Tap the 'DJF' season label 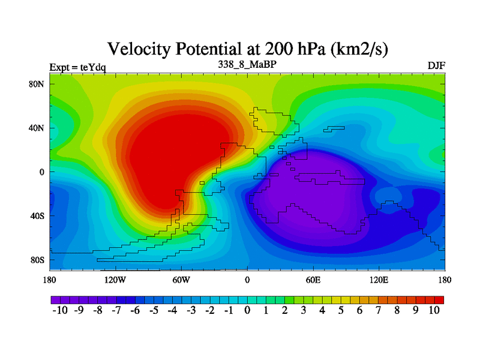point(436,65)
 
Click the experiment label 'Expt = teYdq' point(77,67)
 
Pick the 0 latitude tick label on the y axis point(42,172)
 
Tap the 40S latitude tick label point(37,215)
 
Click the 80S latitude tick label point(37,260)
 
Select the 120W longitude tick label point(115,280)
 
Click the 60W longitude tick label point(181,280)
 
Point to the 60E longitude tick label point(313,280)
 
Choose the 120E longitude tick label point(379,280)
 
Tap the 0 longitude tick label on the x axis point(247,280)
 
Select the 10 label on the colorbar point(434,310)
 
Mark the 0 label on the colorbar point(247,310)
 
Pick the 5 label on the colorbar point(341,310)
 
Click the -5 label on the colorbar point(153,310)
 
